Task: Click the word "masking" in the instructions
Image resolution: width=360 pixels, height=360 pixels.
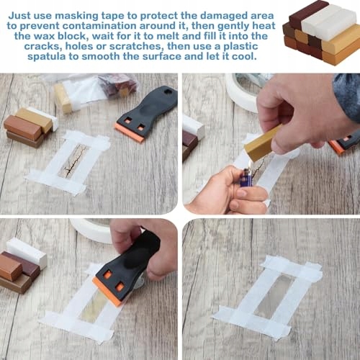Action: coord(76,16)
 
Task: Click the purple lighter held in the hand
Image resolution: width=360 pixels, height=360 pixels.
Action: coord(246,179)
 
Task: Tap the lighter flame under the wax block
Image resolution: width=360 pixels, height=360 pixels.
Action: coord(248,164)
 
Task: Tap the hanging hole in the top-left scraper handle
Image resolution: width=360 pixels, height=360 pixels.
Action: coord(166,91)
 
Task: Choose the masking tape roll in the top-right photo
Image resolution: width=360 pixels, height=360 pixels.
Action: coord(243,91)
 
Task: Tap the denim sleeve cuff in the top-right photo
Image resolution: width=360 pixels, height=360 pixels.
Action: coord(347,96)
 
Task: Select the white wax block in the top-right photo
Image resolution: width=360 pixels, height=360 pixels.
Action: coord(193,127)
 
